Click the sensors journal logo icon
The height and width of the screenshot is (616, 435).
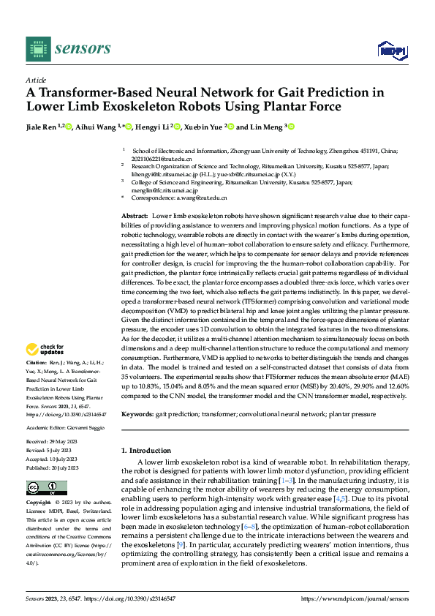(x=37, y=49)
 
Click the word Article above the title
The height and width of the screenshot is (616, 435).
(x=36, y=79)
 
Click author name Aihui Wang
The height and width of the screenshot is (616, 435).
(x=96, y=127)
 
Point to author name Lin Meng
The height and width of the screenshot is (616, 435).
(x=268, y=127)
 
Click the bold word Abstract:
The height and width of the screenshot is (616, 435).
(x=133, y=217)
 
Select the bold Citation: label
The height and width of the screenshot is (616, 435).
(x=37, y=362)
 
